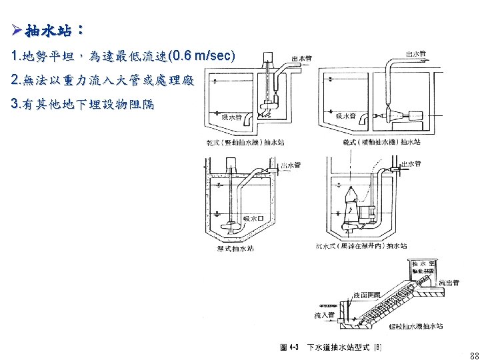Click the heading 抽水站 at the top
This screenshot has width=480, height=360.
click(x=50, y=31)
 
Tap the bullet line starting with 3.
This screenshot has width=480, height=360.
click(x=83, y=105)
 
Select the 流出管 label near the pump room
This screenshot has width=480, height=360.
click(x=448, y=283)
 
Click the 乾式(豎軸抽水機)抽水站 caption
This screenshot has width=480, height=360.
click(x=246, y=142)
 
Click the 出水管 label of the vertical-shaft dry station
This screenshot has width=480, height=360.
click(x=298, y=57)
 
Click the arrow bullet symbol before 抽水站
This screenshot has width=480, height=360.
click(x=17, y=31)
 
